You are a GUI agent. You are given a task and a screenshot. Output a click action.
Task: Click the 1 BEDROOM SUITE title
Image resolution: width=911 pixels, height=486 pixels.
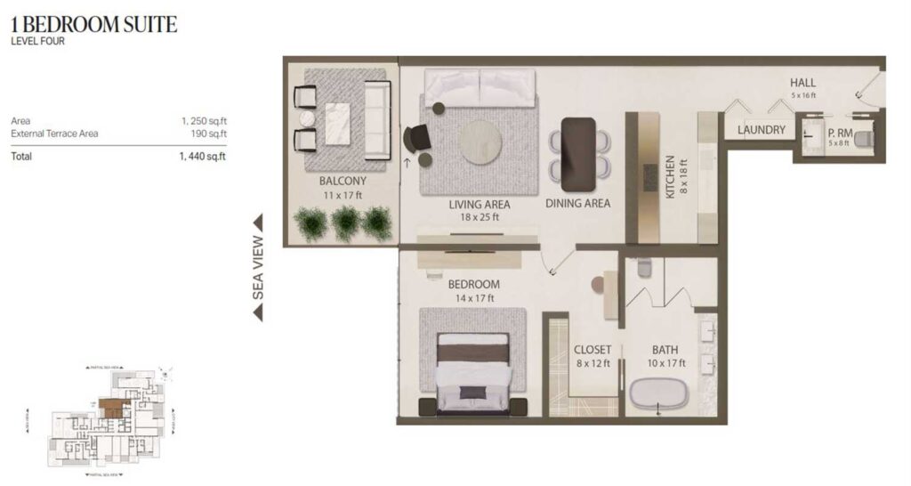[94, 24]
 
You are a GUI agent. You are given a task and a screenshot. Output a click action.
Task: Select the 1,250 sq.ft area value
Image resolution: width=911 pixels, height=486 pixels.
[203, 121]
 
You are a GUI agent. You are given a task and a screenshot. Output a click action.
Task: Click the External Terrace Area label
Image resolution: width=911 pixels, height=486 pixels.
[54, 134]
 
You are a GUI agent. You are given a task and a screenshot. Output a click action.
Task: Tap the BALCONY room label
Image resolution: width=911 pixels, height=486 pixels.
[343, 181]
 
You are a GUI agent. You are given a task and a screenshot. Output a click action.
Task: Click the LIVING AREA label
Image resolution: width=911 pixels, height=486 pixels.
[473, 204]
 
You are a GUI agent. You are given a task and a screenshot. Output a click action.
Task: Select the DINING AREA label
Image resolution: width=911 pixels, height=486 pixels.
[577, 203]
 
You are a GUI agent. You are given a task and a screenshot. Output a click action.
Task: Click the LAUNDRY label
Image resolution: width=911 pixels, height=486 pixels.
[762, 130]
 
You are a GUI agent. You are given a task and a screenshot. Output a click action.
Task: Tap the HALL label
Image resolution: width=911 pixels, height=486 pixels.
[802, 83]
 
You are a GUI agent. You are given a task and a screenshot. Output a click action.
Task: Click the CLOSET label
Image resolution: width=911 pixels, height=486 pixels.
[592, 350]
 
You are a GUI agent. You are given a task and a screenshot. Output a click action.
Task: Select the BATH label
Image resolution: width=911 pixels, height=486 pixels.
[665, 350]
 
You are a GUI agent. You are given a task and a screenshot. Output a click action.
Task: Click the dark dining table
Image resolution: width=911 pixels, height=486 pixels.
[578, 153]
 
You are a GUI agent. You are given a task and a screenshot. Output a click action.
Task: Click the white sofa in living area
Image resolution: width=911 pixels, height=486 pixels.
[480, 89]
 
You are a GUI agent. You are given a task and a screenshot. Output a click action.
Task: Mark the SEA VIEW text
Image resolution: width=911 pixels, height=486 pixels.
[258, 267]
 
